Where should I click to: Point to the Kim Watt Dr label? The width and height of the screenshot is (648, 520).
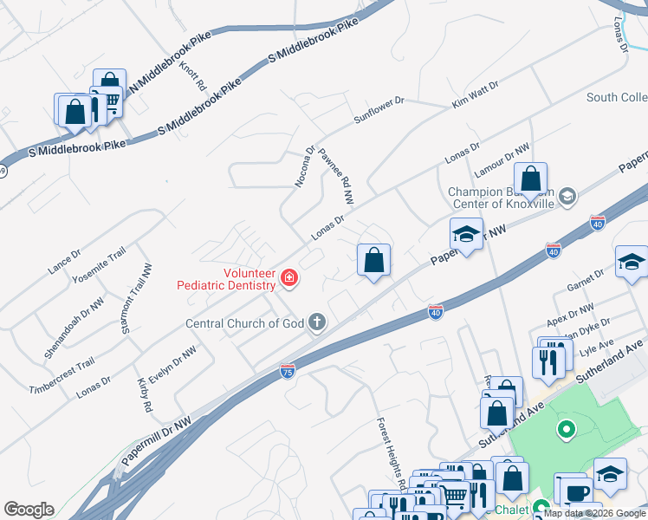[476, 95]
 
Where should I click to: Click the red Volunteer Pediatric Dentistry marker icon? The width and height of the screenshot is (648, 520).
[289, 278]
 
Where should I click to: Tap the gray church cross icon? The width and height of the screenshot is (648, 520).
[318, 323]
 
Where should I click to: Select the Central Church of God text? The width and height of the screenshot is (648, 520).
[245, 324]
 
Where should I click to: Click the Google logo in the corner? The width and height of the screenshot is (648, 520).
[29, 510]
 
